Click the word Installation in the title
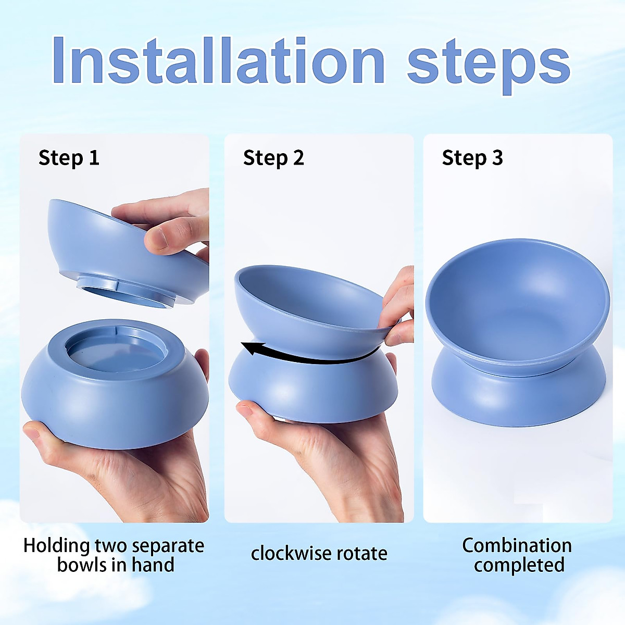coord(218,61)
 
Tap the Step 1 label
coord(69,158)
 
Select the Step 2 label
coord(273,158)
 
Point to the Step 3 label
coord(472,158)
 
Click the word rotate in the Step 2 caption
coord(362,553)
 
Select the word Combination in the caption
coord(517,546)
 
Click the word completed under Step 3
coord(519,565)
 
